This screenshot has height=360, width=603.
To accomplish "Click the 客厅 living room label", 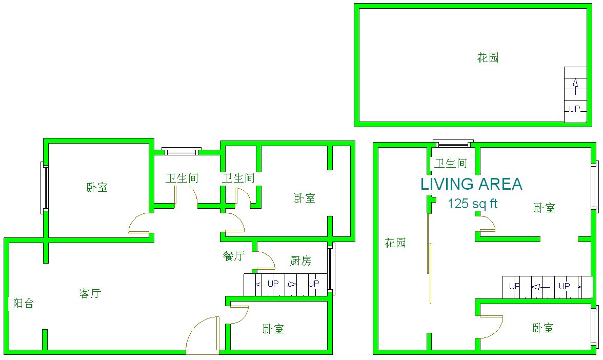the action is pyautogui.click(x=90, y=293).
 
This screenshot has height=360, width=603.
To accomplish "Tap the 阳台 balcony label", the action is pyautogui.click(x=24, y=304).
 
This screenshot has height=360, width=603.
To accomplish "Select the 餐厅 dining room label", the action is pyautogui.click(x=234, y=256).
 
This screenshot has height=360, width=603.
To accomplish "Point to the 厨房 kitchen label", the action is pyautogui.click(x=300, y=261).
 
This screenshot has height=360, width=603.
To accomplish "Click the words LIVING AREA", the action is pyautogui.click(x=472, y=184).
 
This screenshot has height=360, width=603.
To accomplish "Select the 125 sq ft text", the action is pyautogui.click(x=473, y=204).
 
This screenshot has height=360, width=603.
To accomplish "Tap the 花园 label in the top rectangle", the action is pyautogui.click(x=488, y=58).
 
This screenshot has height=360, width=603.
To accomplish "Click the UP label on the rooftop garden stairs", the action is pyautogui.click(x=574, y=109).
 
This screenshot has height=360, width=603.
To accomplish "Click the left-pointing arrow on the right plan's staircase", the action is pyautogui.click(x=540, y=287).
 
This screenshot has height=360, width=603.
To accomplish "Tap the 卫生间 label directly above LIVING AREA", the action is pyautogui.click(x=451, y=164).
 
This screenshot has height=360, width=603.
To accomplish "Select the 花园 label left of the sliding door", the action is pyautogui.click(x=395, y=243).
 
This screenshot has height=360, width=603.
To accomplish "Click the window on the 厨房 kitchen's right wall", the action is pyautogui.click(x=331, y=269).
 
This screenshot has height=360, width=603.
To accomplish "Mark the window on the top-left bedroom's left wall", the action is pyautogui.click(x=45, y=188).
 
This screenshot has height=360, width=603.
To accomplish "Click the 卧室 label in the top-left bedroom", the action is pyautogui.click(x=97, y=188).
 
